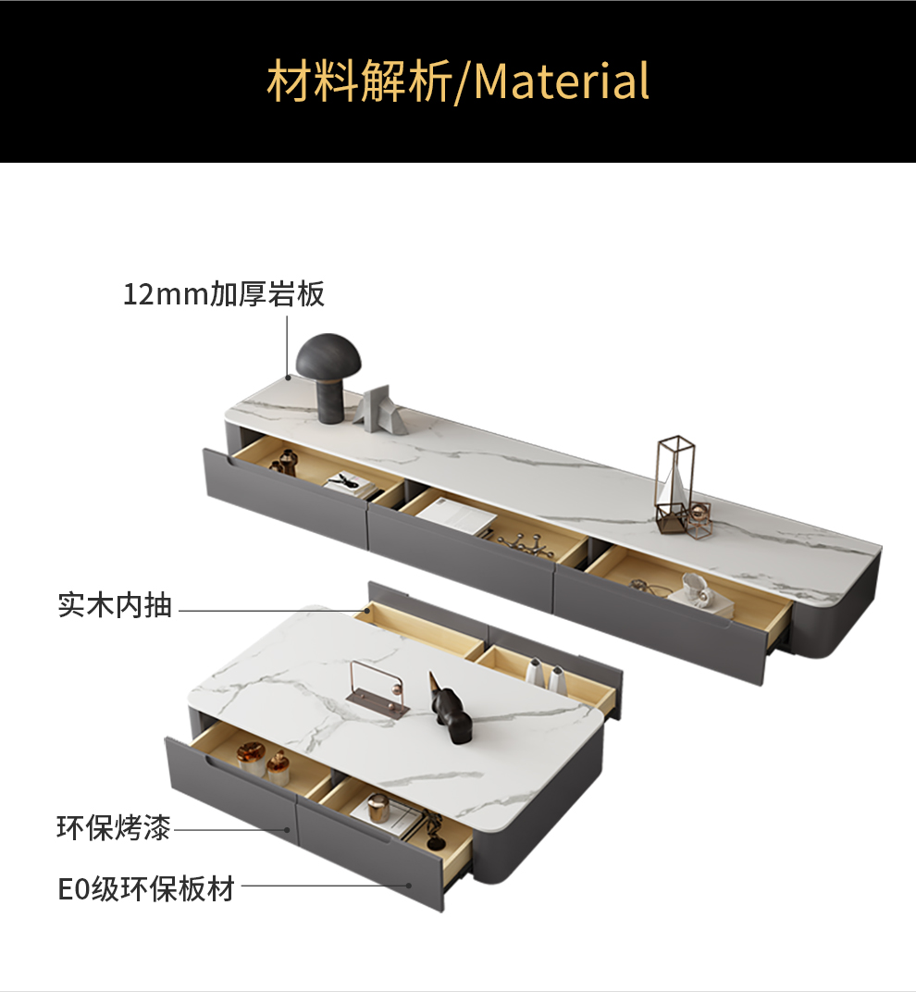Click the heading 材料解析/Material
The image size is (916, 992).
[x=458, y=81]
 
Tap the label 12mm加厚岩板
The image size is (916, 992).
[x=224, y=295]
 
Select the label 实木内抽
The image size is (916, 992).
[x=116, y=606]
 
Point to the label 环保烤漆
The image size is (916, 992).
[x=114, y=828]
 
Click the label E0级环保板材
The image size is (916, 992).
[x=146, y=889]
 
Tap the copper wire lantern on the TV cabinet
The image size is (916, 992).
[x=676, y=486]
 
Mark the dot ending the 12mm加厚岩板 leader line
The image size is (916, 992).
[x=288, y=377]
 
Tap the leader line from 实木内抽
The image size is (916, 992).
[x=268, y=611]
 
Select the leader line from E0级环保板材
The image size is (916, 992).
[x=324, y=886]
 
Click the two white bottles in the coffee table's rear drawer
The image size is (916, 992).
[x=545, y=676]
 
